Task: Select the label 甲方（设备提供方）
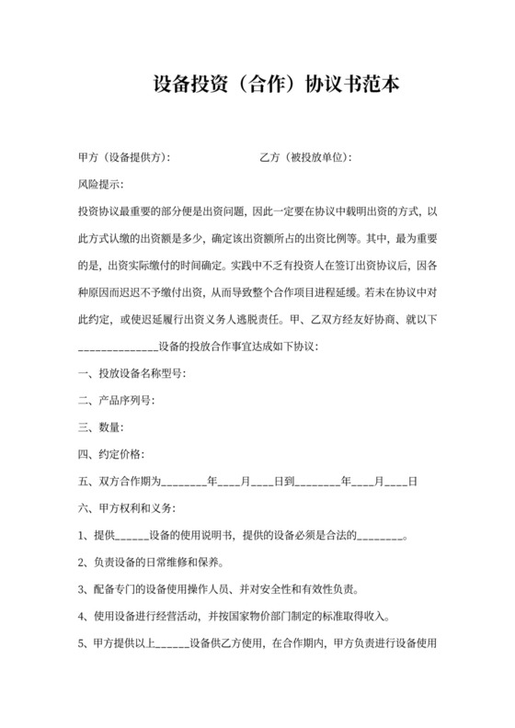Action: point(125,158)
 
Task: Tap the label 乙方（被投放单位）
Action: point(306,158)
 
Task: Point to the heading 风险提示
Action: point(101,185)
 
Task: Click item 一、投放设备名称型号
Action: point(132,374)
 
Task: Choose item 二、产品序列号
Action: point(117,401)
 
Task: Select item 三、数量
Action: point(101,427)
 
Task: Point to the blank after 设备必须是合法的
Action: point(380,536)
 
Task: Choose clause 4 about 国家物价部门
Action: point(235,616)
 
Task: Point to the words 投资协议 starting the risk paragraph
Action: point(99,212)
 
